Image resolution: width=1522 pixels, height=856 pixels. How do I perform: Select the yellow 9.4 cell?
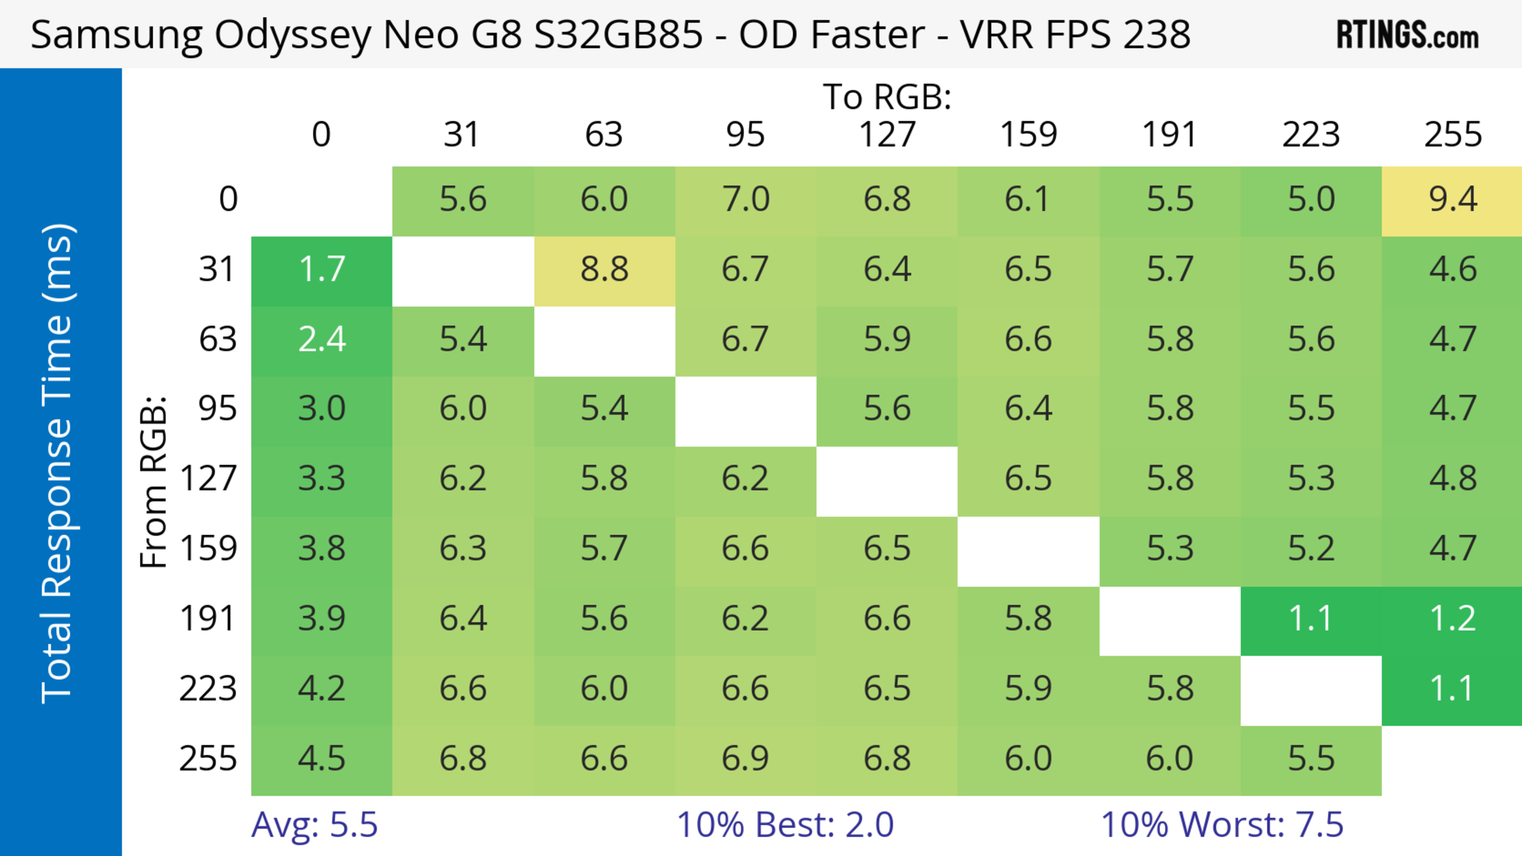point(1452,200)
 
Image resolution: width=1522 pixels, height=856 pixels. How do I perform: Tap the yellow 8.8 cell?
point(604,270)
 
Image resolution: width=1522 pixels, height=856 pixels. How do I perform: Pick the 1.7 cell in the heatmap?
point(321,270)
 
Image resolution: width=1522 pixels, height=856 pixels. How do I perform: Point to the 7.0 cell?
point(746,200)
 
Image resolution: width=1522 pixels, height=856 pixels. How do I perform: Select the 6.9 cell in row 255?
point(746,759)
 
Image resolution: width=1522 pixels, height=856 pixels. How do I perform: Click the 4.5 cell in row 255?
point(321,759)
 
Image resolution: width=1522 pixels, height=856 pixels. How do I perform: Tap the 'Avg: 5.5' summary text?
point(314,825)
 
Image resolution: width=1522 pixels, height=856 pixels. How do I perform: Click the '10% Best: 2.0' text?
point(785,825)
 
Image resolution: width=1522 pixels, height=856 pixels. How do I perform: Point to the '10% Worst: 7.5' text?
point(1222,825)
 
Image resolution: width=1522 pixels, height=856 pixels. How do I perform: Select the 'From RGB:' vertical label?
point(154,482)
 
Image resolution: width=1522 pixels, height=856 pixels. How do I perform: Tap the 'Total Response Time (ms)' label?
point(58,463)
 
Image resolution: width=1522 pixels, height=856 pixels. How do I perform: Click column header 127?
point(887,135)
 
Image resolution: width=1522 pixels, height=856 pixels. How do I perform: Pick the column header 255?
point(1452,135)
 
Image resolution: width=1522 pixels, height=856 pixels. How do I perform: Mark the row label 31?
point(218,270)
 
